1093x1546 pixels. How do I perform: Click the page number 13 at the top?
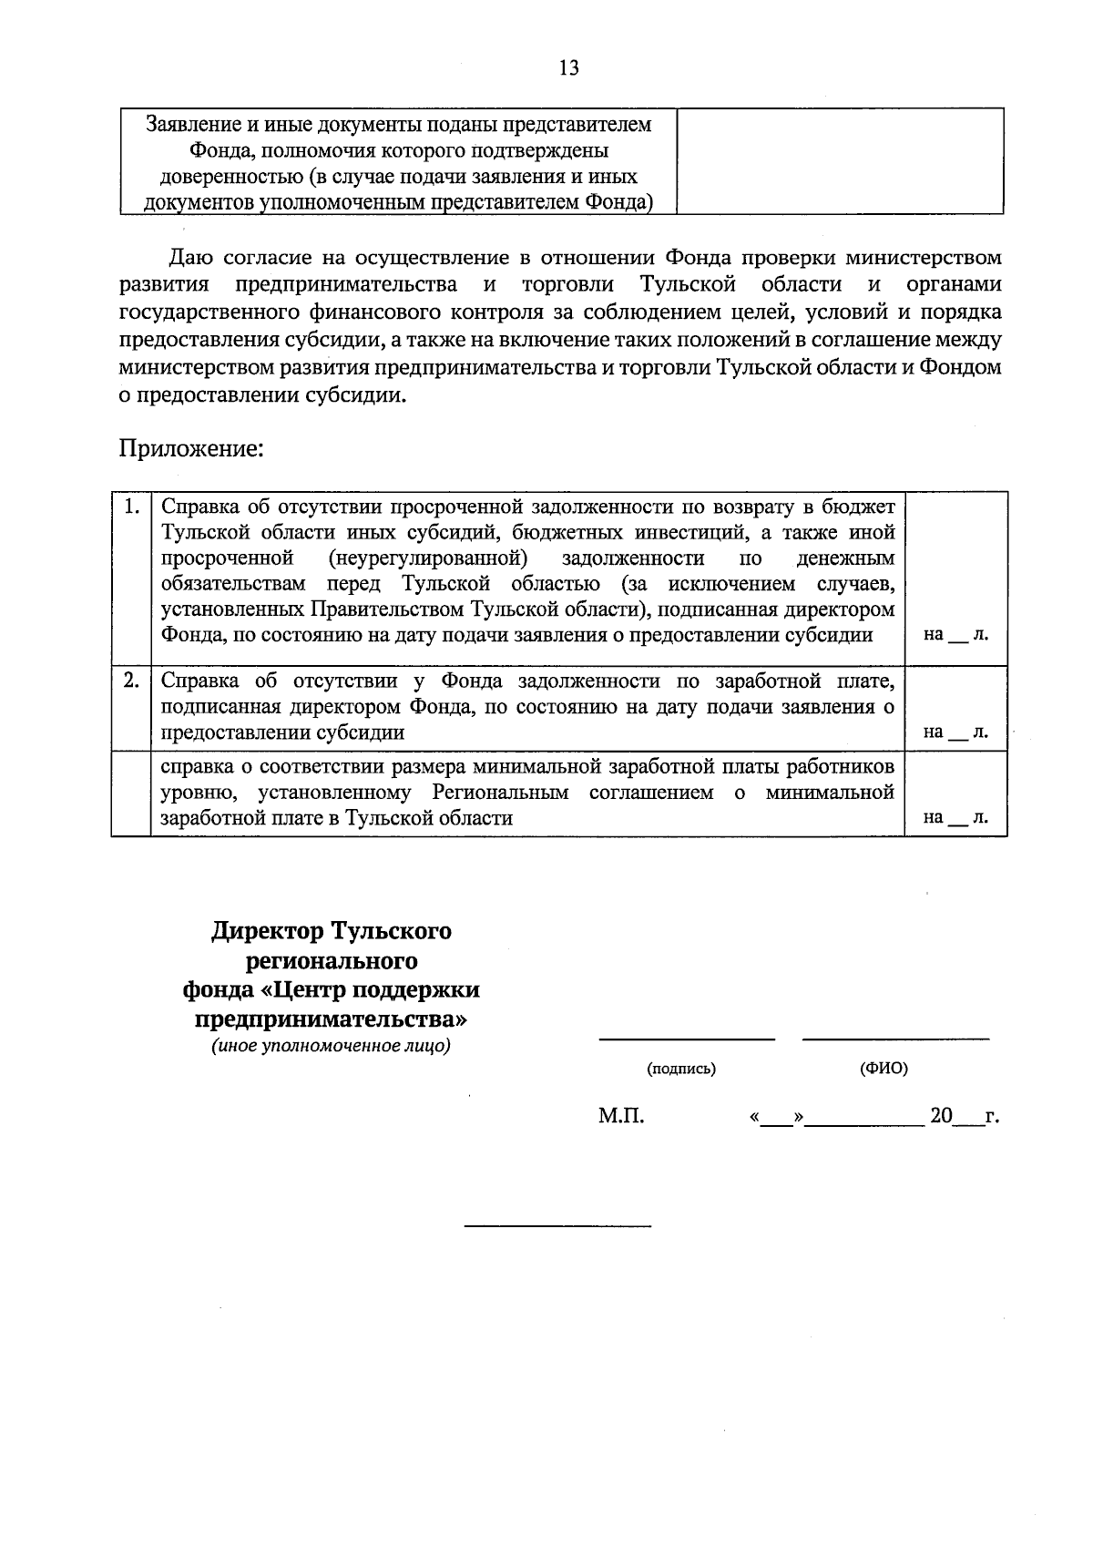click(x=568, y=68)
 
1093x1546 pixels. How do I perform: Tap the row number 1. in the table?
click(x=131, y=506)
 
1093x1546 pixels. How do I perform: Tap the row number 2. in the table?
click(x=131, y=680)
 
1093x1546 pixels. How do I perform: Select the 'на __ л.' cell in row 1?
click(x=955, y=634)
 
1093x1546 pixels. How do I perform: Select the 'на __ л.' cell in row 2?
click(x=955, y=732)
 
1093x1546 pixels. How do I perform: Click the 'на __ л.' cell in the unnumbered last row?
click(x=955, y=817)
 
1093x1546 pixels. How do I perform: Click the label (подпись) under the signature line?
click(x=681, y=1069)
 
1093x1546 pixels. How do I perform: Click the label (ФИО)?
click(x=884, y=1069)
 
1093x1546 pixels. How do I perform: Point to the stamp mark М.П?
click(x=621, y=1116)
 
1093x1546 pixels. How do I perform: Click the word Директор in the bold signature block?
click(x=268, y=932)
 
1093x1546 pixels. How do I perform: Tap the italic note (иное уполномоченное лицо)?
click(x=332, y=1046)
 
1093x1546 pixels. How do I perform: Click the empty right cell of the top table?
click(x=840, y=161)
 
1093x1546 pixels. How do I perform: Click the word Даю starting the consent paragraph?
click(x=189, y=258)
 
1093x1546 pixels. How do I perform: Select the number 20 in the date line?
click(x=941, y=1116)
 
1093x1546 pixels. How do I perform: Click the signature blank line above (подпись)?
click(x=686, y=1038)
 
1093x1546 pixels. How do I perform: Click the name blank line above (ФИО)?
click(x=895, y=1038)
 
